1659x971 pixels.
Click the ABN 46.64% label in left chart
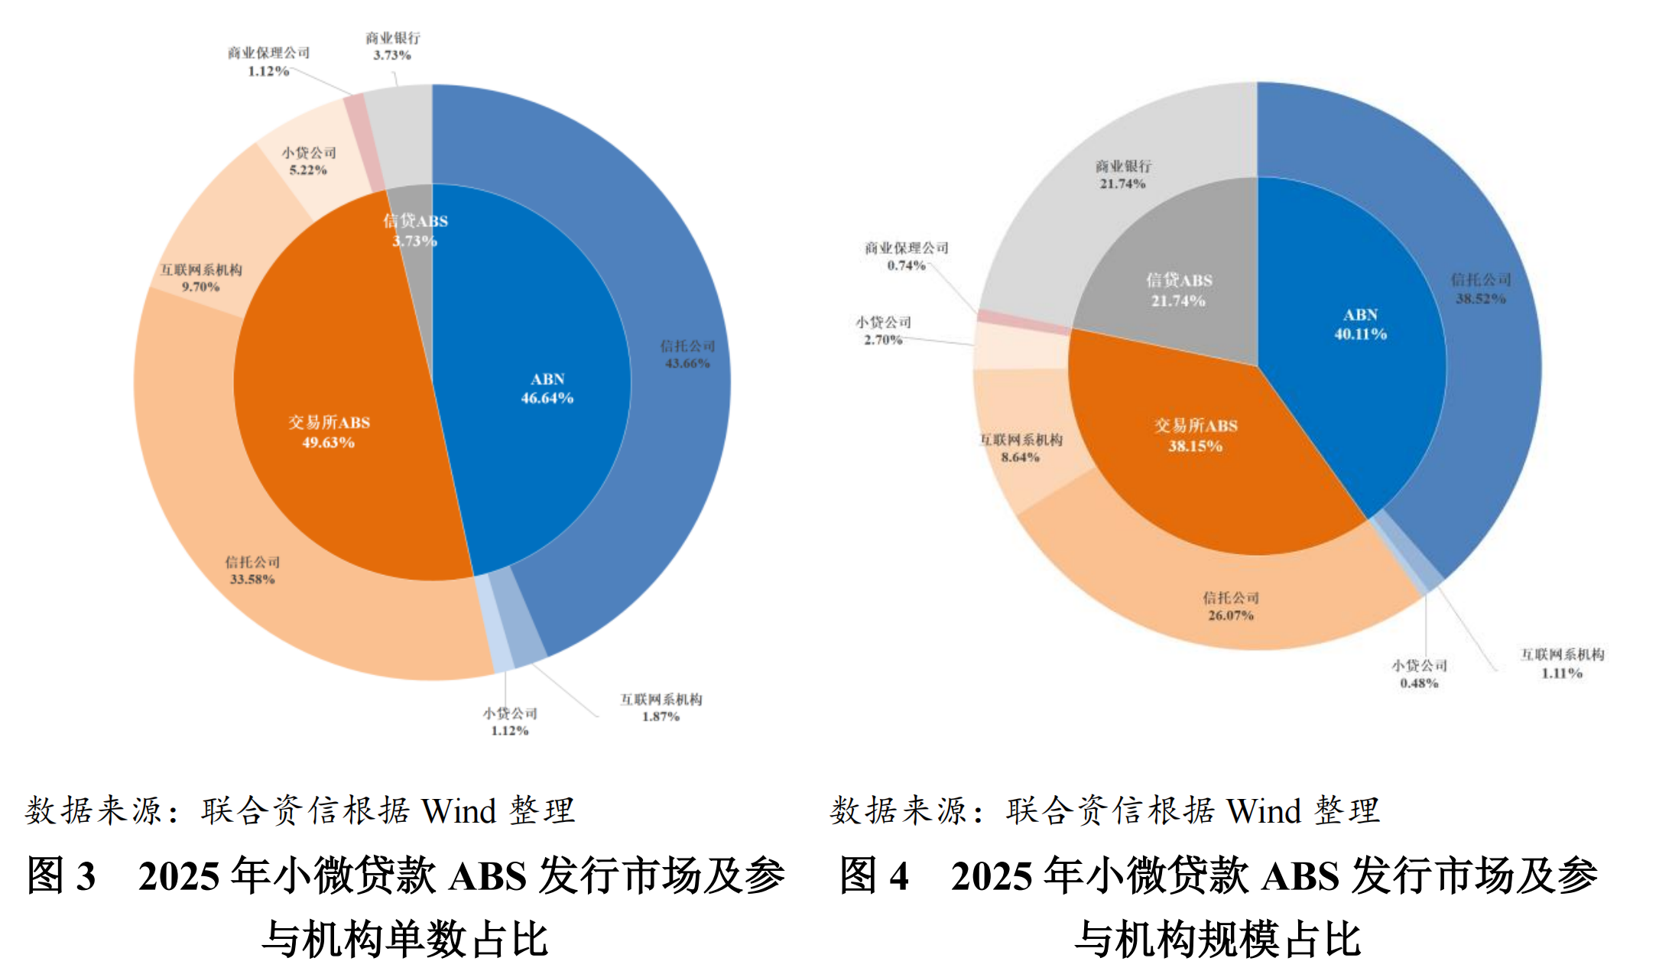point(547,388)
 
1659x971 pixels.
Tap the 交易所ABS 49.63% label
point(329,432)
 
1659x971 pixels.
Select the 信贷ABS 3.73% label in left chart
point(415,231)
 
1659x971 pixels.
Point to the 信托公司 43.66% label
point(687,355)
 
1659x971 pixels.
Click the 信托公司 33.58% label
point(252,570)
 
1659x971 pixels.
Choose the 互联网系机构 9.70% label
point(201,278)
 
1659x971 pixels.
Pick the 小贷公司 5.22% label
point(308,161)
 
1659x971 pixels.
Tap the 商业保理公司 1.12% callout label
point(268,62)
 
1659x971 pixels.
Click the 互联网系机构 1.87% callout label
point(661,708)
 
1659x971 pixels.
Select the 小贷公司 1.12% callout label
point(510,722)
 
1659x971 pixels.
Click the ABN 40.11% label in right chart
point(1361,324)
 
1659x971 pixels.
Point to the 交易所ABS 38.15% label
point(1196,436)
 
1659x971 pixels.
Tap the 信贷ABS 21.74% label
point(1179,291)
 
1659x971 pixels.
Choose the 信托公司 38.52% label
point(1481,289)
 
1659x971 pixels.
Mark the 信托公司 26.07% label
point(1231,606)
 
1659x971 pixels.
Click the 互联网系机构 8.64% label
point(1021,448)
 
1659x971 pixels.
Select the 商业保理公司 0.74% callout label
point(907,257)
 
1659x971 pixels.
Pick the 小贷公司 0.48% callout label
point(1420,674)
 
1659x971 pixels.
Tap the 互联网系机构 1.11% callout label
point(1562,664)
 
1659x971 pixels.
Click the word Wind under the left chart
point(459,811)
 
